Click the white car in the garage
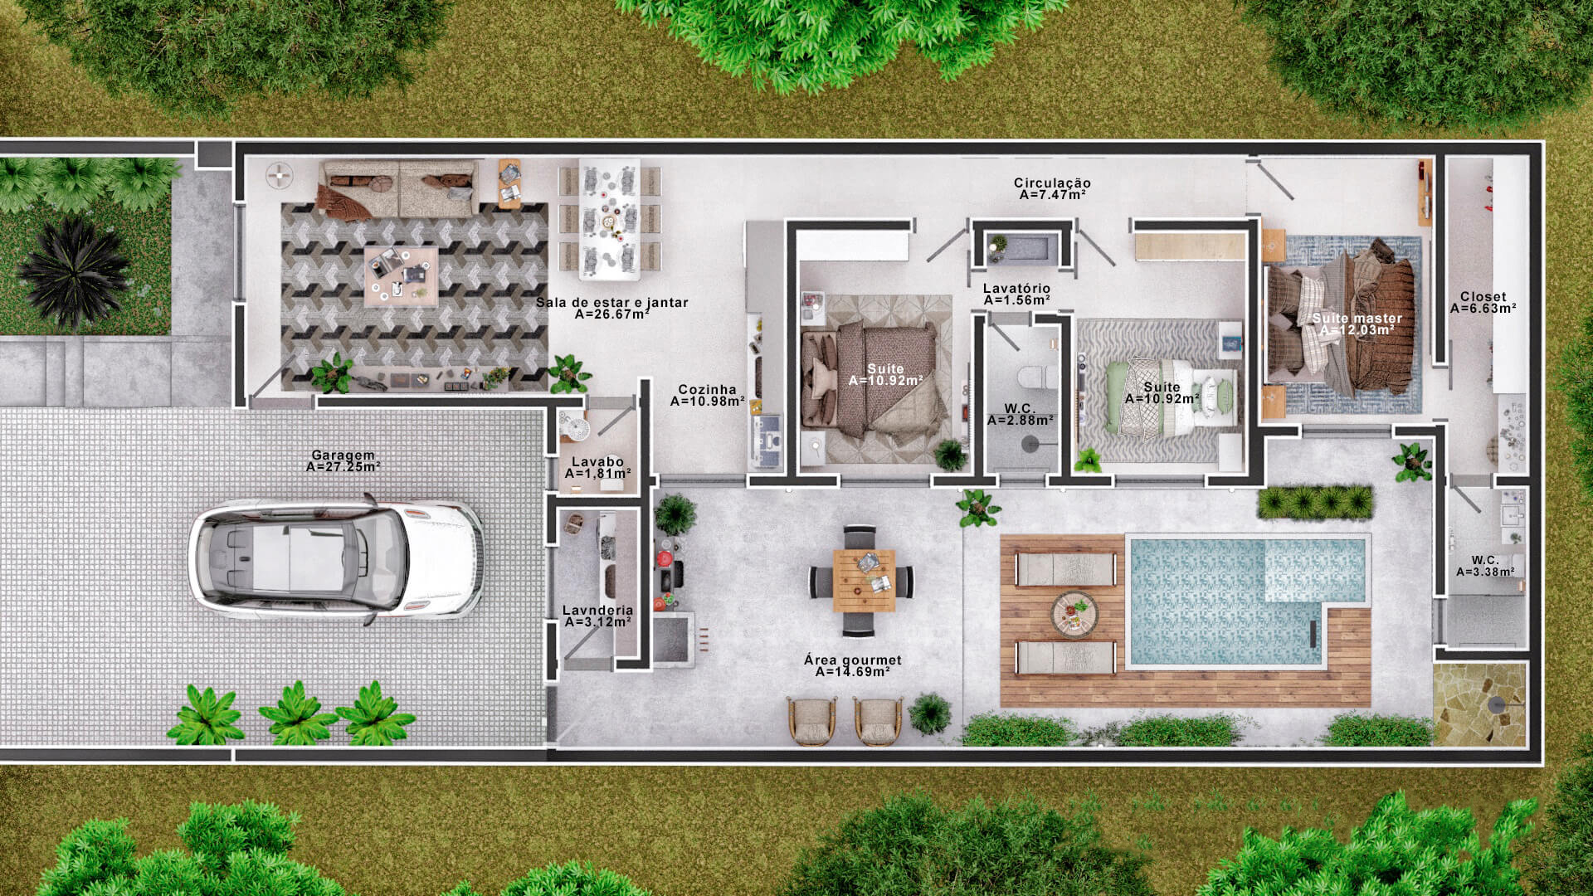[336, 559]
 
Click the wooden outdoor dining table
[864, 581]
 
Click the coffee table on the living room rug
[401, 275]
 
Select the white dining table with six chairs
[609, 219]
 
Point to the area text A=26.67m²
[612, 314]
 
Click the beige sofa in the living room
[399, 190]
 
